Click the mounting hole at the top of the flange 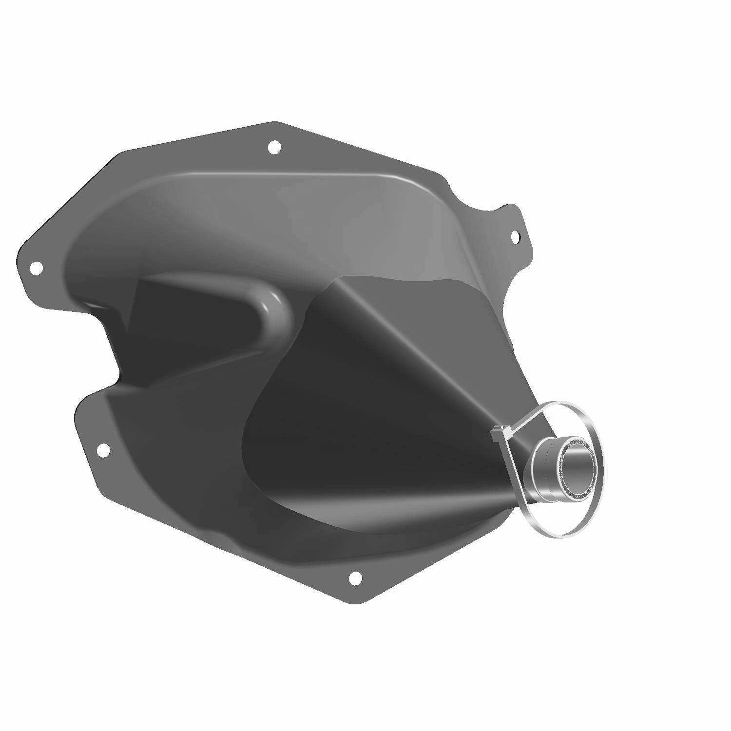[x=274, y=146]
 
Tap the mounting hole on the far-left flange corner [x=36, y=267]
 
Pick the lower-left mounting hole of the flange [x=102, y=450]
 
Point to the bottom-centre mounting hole [x=355, y=578]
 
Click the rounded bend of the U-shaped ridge [x=280, y=312]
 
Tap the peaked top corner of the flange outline [x=274, y=123]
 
